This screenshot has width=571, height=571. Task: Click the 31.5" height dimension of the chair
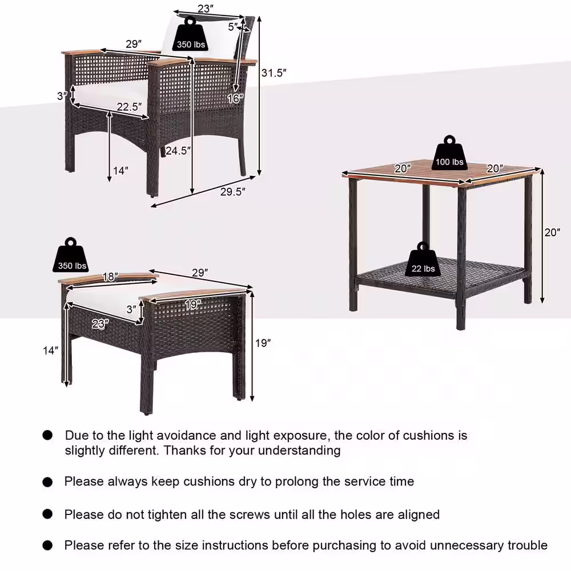pos(274,73)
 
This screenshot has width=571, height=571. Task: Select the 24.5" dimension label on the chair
pos(178,151)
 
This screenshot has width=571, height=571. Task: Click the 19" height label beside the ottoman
pos(262,343)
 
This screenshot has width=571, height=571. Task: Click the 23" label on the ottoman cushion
pos(100,323)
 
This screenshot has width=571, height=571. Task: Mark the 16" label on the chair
pos(235,98)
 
